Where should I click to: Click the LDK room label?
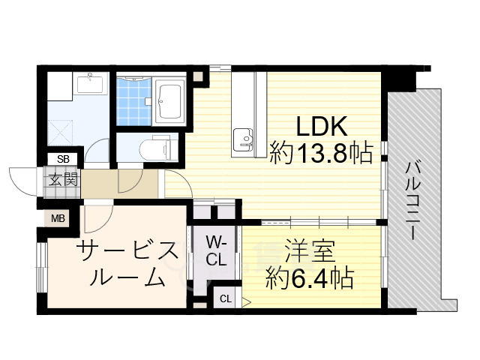(x=322, y=126)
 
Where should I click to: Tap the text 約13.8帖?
(x=322, y=152)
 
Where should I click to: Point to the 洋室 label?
(x=310, y=251)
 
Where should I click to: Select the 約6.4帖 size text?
(x=310, y=278)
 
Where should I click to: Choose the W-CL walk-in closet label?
(x=216, y=251)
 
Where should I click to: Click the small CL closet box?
(x=226, y=298)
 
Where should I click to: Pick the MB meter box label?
(x=58, y=218)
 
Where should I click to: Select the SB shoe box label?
(x=63, y=159)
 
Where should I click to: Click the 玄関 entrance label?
(x=63, y=179)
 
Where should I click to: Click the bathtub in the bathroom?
(x=169, y=101)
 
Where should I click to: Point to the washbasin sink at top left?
(x=90, y=83)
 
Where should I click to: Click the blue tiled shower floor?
(x=134, y=102)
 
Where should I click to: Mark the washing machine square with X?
(x=60, y=133)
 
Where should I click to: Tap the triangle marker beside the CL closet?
(x=246, y=302)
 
